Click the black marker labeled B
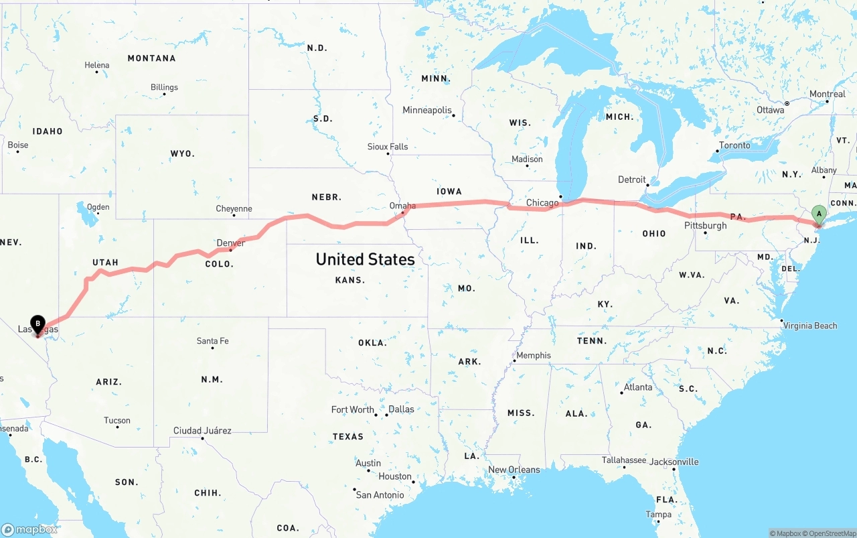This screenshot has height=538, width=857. coord(38,324)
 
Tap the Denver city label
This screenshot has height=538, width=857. coord(230,243)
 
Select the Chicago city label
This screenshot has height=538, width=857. coord(542,202)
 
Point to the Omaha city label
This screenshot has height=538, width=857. coord(402,206)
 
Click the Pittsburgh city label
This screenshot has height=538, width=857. coord(705,225)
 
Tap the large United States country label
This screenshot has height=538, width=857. coord(365,259)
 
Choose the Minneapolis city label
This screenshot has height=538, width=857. coord(426,110)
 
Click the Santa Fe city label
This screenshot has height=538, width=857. coord(212,341)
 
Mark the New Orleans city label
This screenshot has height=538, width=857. coord(514,470)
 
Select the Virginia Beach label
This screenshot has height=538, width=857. coord(810,326)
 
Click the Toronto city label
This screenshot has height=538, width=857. coord(734,145)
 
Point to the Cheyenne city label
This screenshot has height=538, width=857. coord(234,208)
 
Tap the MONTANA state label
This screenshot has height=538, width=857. coord(151,58)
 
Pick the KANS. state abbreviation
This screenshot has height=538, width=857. coord(350,280)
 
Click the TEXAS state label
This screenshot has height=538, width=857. coord(348,437)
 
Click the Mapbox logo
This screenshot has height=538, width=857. coord(29,529)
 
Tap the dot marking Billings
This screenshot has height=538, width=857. coord(164,94)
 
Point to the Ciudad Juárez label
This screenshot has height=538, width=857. coord(202,430)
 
